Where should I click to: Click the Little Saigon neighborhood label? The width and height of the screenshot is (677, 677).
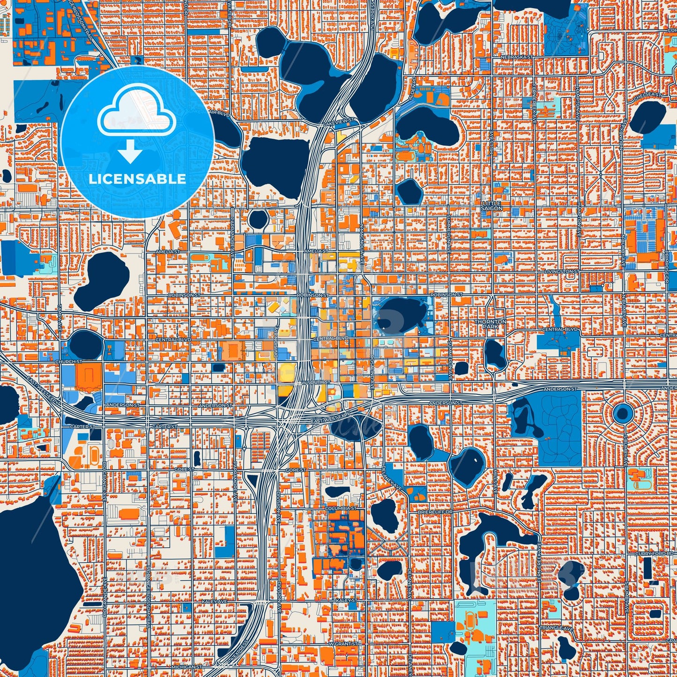(491, 205)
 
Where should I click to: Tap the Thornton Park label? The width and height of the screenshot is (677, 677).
(491, 324)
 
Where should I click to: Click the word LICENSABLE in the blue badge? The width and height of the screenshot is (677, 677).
(137, 179)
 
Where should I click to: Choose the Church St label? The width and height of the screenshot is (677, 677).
(69, 362)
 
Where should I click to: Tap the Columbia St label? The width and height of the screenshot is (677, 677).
(341, 508)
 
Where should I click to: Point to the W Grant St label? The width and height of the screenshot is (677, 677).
(343, 644)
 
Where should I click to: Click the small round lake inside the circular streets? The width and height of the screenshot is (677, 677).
(623, 413)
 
